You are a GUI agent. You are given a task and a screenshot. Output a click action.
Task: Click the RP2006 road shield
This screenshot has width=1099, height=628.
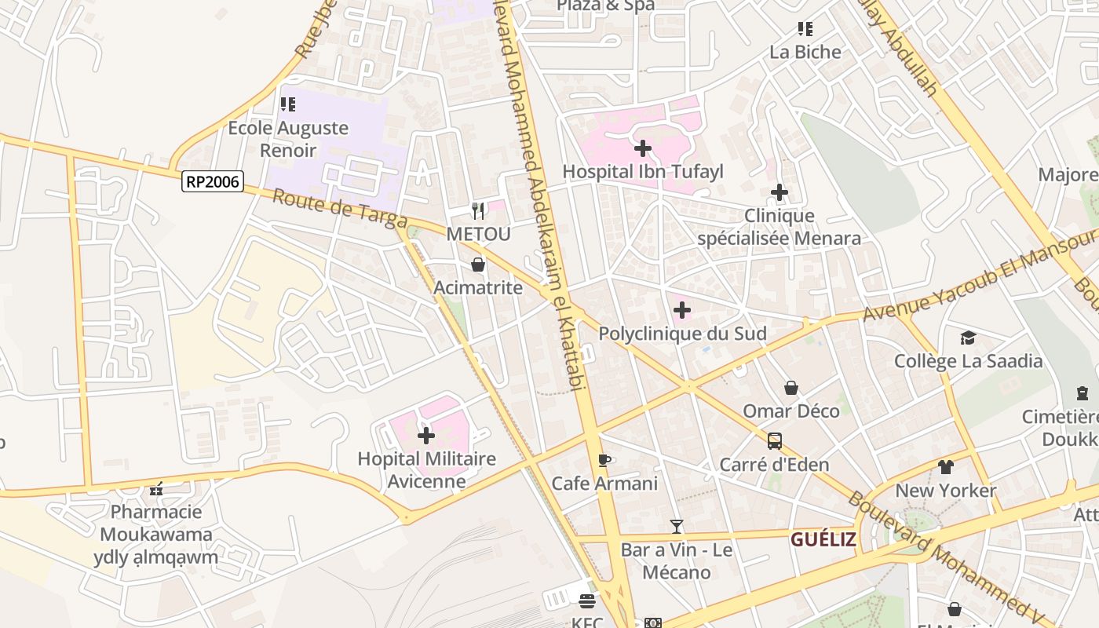[213, 181]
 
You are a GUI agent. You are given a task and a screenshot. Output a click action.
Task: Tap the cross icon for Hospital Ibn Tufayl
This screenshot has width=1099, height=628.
[643, 148]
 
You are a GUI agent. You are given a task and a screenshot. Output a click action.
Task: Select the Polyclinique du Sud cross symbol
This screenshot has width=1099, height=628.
[682, 310]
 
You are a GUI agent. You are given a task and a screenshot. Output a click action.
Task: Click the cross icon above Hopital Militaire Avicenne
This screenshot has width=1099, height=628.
[426, 435]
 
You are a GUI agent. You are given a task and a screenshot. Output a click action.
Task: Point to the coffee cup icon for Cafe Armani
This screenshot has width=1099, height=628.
[604, 460]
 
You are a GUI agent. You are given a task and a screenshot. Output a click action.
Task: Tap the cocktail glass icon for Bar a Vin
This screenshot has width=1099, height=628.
[677, 527]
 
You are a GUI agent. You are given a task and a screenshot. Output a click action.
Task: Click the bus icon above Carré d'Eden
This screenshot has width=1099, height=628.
[775, 441]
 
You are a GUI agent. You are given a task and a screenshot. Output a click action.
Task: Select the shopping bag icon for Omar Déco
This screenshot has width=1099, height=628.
[791, 388]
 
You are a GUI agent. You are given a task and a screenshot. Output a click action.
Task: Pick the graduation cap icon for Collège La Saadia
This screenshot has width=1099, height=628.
[968, 338]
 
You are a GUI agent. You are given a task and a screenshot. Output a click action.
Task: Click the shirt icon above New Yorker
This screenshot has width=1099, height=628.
[945, 467]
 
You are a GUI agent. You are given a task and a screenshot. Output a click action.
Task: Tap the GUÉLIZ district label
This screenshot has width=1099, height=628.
[823, 539]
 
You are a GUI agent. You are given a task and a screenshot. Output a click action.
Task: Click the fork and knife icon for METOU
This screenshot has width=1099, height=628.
[478, 210]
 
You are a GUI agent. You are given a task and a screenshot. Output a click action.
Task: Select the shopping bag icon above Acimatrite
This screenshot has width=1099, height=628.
[477, 265]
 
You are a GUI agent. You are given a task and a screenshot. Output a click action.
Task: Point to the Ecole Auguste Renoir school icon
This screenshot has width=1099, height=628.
[288, 104]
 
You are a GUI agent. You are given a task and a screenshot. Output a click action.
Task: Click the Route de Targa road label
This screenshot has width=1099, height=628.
[339, 209]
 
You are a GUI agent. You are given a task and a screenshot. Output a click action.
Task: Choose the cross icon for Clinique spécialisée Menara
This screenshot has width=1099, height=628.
[779, 192]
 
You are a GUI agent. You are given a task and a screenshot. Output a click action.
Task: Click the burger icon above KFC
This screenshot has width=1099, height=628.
[587, 601]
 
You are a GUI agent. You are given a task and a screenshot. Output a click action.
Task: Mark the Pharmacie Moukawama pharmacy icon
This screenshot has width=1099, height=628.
[156, 489]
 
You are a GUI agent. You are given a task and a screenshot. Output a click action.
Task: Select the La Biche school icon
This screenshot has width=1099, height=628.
[805, 29]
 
